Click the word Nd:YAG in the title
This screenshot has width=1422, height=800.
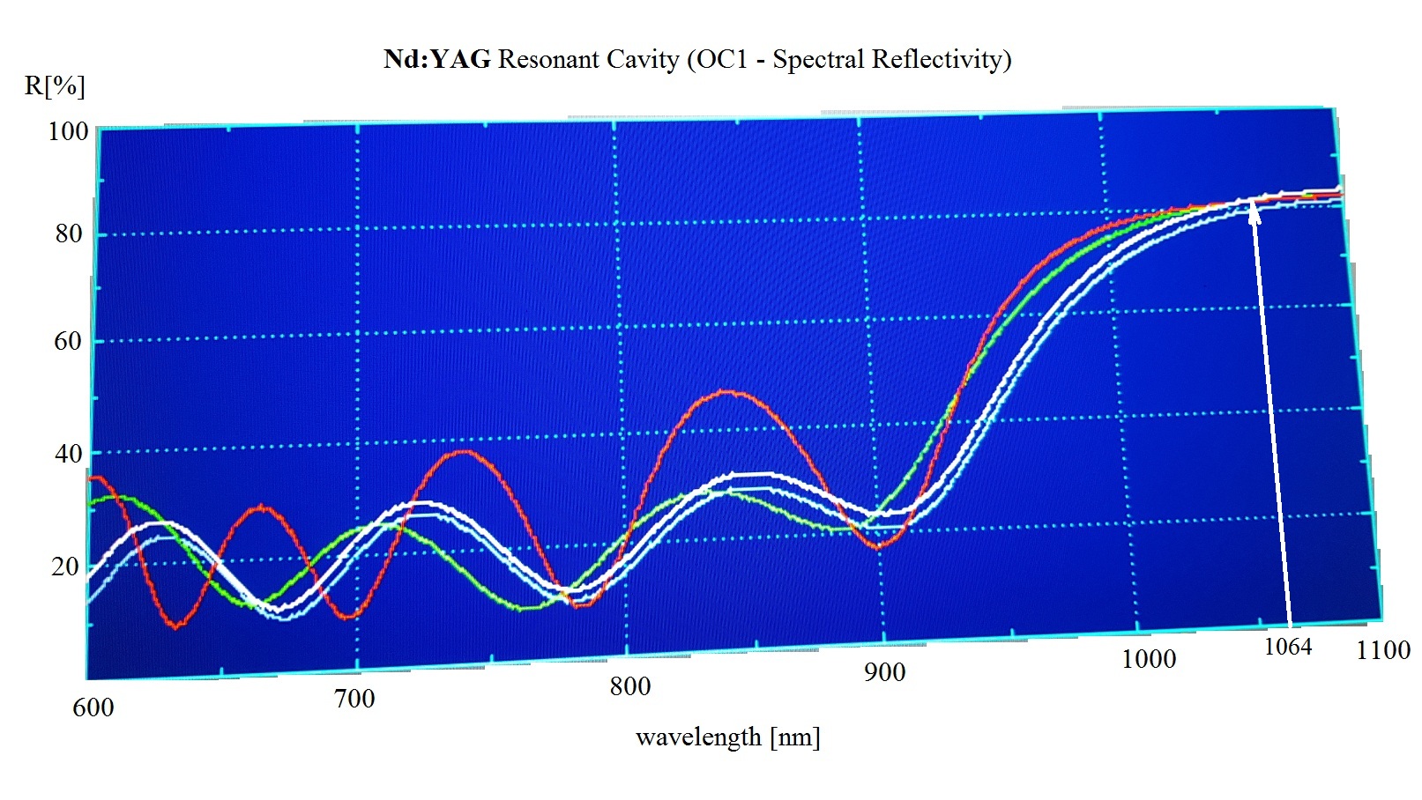pyautogui.click(x=436, y=60)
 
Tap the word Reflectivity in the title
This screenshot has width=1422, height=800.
pyautogui.click(x=941, y=60)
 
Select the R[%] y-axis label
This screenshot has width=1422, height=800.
pyautogui.click(x=55, y=86)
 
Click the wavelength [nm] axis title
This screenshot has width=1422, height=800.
pyautogui.click(x=727, y=737)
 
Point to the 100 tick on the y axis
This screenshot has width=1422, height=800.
pyautogui.click(x=68, y=131)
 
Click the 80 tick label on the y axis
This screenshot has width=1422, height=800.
pyautogui.click(x=68, y=233)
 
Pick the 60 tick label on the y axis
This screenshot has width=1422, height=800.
pyautogui.click(x=68, y=341)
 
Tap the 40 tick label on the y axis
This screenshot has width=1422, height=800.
pyautogui.click(x=68, y=454)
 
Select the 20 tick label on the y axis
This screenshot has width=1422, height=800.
pyautogui.click(x=65, y=567)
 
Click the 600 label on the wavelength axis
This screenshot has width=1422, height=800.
pyautogui.click(x=93, y=707)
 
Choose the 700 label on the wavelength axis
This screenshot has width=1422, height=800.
pyautogui.click(x=354, y=699)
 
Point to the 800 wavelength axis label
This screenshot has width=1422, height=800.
pyautogui.click(x=629, y=686)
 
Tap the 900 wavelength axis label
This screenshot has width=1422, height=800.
pyautogui.click(x=884, y=672)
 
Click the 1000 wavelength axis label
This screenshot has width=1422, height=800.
pyautogui.click(x=1148, y=659)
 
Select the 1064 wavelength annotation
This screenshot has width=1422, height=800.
pyautogui.click(x=1288, y=648)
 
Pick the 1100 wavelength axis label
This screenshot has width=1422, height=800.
pyautogui.click(x=1382, y=650)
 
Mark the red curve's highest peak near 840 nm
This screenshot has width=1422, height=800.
pyautogui.click(x=727, y=391)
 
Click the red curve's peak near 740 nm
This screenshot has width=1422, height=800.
pyautogui.click(x=465, y=451)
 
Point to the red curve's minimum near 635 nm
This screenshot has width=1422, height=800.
pyautogui.click(x=177, y=626)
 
